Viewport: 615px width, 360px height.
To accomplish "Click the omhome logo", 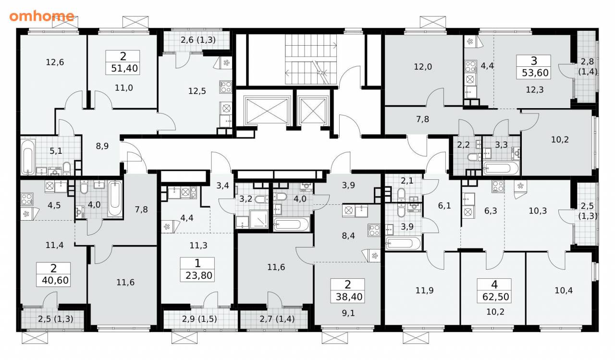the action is [x=42, y=16].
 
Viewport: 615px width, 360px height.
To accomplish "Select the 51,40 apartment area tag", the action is [x=123, y=62].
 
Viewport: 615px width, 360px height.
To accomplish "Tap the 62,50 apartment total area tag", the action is [x=494, y=290].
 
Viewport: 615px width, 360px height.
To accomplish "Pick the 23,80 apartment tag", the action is [x=197, y=269].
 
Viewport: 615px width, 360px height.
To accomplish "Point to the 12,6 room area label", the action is [x=55, y=62].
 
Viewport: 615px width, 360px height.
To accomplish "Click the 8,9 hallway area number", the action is [x=102, y=146].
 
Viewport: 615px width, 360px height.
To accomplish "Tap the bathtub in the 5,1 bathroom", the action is [x=28, y=157].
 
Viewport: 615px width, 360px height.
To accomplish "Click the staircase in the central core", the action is [x=311, y=59].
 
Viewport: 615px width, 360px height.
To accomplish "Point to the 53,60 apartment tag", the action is [x=533, y=67].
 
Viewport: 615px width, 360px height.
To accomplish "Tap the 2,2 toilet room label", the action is [x=463, y=145].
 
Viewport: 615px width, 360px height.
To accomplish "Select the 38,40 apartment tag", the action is [x=347, y=290].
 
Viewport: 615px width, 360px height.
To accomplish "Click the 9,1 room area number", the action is [x=348, y=313].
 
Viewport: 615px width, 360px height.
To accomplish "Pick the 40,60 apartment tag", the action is [x=53, y=274].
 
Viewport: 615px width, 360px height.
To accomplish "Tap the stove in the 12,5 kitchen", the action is [x=226, y=87].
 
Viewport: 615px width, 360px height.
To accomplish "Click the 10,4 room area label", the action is [x=564, y=290].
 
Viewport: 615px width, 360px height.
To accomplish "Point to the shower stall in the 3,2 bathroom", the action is [x=259, y=219].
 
